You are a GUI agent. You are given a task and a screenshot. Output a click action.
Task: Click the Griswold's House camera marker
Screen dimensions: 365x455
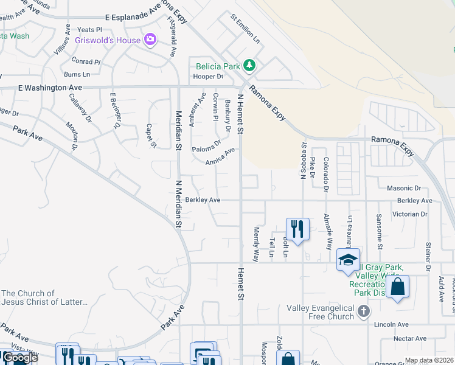(150, 40)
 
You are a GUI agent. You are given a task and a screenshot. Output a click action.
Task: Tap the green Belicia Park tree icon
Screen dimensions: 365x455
(248, 65)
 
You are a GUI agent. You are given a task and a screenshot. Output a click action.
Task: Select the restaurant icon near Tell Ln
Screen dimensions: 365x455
(297, 229)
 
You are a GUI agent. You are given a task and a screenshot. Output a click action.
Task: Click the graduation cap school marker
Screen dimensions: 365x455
(348, 260)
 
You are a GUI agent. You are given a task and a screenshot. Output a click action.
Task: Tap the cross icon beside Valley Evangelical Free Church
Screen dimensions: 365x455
(364, 312)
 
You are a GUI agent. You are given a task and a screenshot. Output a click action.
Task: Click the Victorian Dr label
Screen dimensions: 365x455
(410, 214)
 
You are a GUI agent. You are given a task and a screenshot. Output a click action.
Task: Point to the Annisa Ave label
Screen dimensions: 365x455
(220, 157)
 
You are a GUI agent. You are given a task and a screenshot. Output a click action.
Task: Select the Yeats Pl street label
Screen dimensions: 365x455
(89, 29)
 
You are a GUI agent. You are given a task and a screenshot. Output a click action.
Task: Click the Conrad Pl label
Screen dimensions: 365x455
(85, 61)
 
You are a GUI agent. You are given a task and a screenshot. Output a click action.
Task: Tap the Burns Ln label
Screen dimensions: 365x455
(77, 74)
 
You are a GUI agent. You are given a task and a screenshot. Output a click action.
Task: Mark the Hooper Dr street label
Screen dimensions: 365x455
(208, 77)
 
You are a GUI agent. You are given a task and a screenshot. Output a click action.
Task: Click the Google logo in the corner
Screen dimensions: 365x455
(19, 358)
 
